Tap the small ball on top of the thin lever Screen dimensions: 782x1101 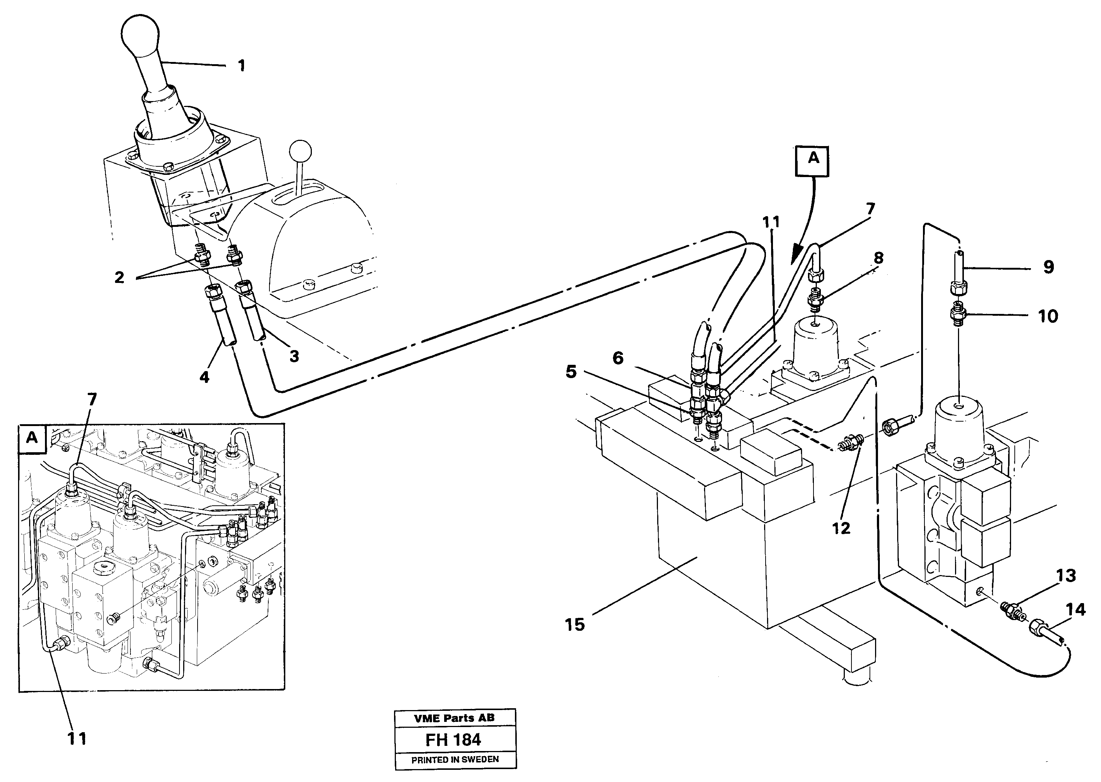coord(301,150)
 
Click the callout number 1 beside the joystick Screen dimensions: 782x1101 coord(241,66)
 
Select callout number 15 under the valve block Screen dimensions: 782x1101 coord(575,625)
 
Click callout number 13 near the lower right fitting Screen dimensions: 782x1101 coord(1066,575)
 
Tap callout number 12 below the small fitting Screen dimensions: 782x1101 coord(842,528)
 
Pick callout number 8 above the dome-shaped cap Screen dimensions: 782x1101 coord(879,258)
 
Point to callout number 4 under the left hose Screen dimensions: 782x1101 coord(205,377)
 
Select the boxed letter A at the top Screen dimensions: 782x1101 coord(813,158)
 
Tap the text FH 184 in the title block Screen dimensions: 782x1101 coord(453,740)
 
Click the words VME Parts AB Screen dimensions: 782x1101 coord(454,718)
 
